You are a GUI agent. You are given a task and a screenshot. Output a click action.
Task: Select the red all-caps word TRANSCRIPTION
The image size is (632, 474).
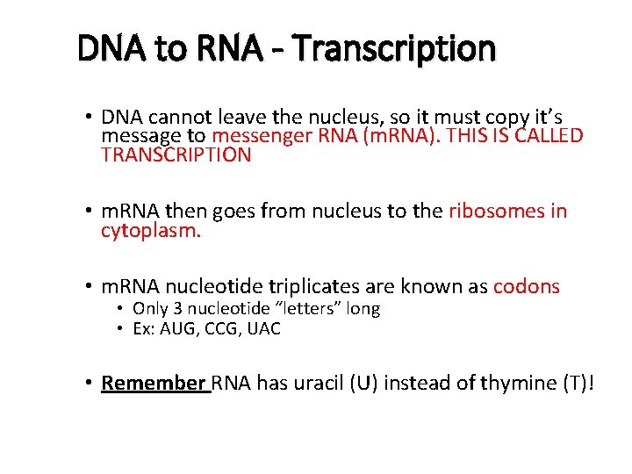click(x=176, y=155)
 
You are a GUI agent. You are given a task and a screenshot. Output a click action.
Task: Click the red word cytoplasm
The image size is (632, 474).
click(x=151, y=231)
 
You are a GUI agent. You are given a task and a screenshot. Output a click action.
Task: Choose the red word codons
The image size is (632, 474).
click(x=527, y=286)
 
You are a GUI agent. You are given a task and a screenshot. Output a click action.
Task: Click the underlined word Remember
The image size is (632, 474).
click(x=153, y=384)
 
